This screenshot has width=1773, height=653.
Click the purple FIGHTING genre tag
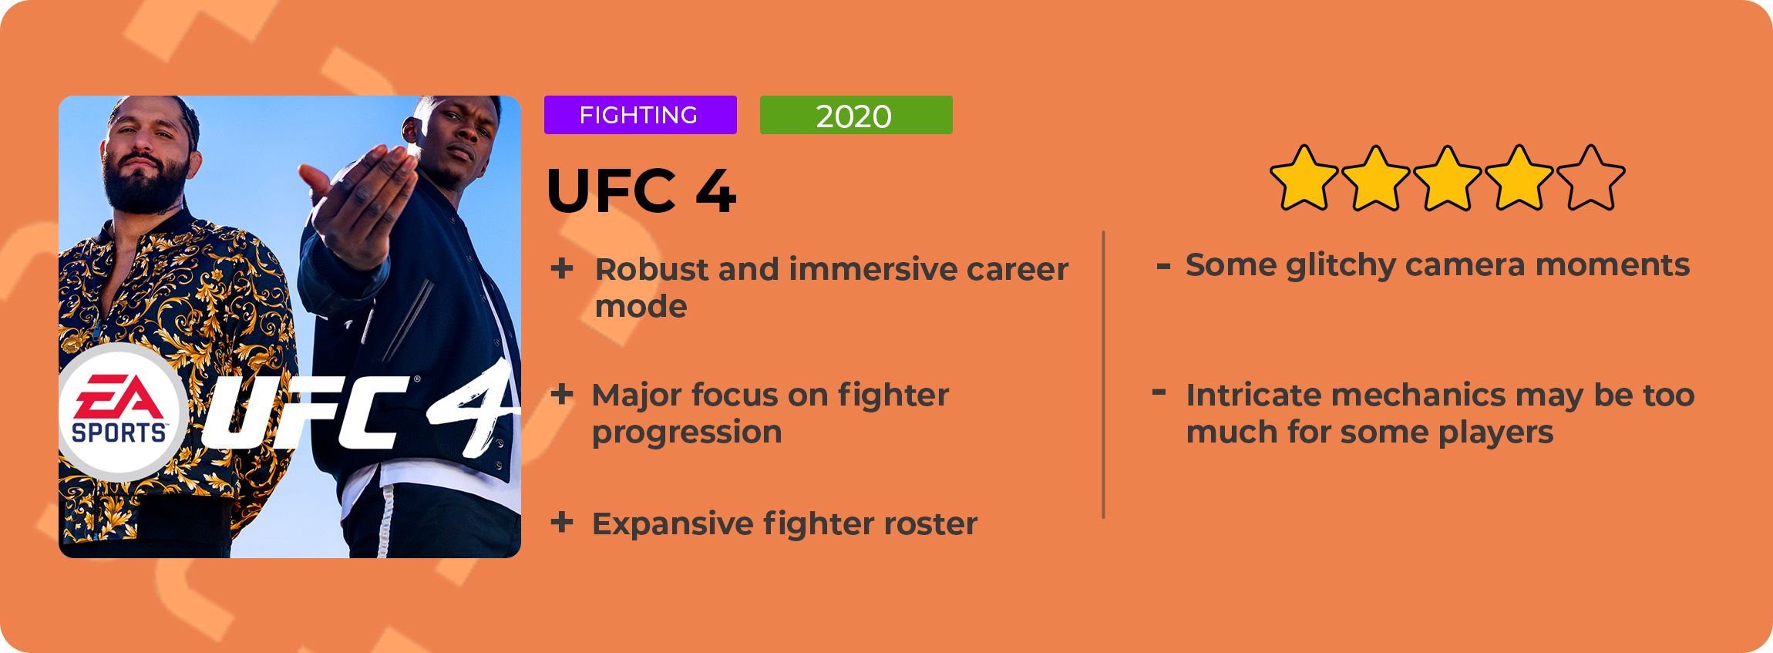click(640, 115)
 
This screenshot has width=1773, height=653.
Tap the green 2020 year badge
click(856, 115)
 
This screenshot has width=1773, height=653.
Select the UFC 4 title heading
click(641, 190)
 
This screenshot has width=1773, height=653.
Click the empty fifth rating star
click(1591, 178)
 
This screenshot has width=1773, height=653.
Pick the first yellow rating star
click(1304, 178)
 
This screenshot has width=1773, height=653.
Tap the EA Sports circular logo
click(122, 413)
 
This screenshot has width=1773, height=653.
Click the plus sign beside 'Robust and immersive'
click(562, 268)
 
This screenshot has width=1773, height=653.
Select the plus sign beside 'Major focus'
click(562, 394)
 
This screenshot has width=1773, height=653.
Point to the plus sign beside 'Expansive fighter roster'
click(562, 522)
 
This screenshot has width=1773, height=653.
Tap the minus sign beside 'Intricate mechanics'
click(1159, 392)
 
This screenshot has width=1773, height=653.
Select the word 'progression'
click(687, 433)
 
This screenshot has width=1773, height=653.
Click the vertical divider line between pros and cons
click(1104, 375)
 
